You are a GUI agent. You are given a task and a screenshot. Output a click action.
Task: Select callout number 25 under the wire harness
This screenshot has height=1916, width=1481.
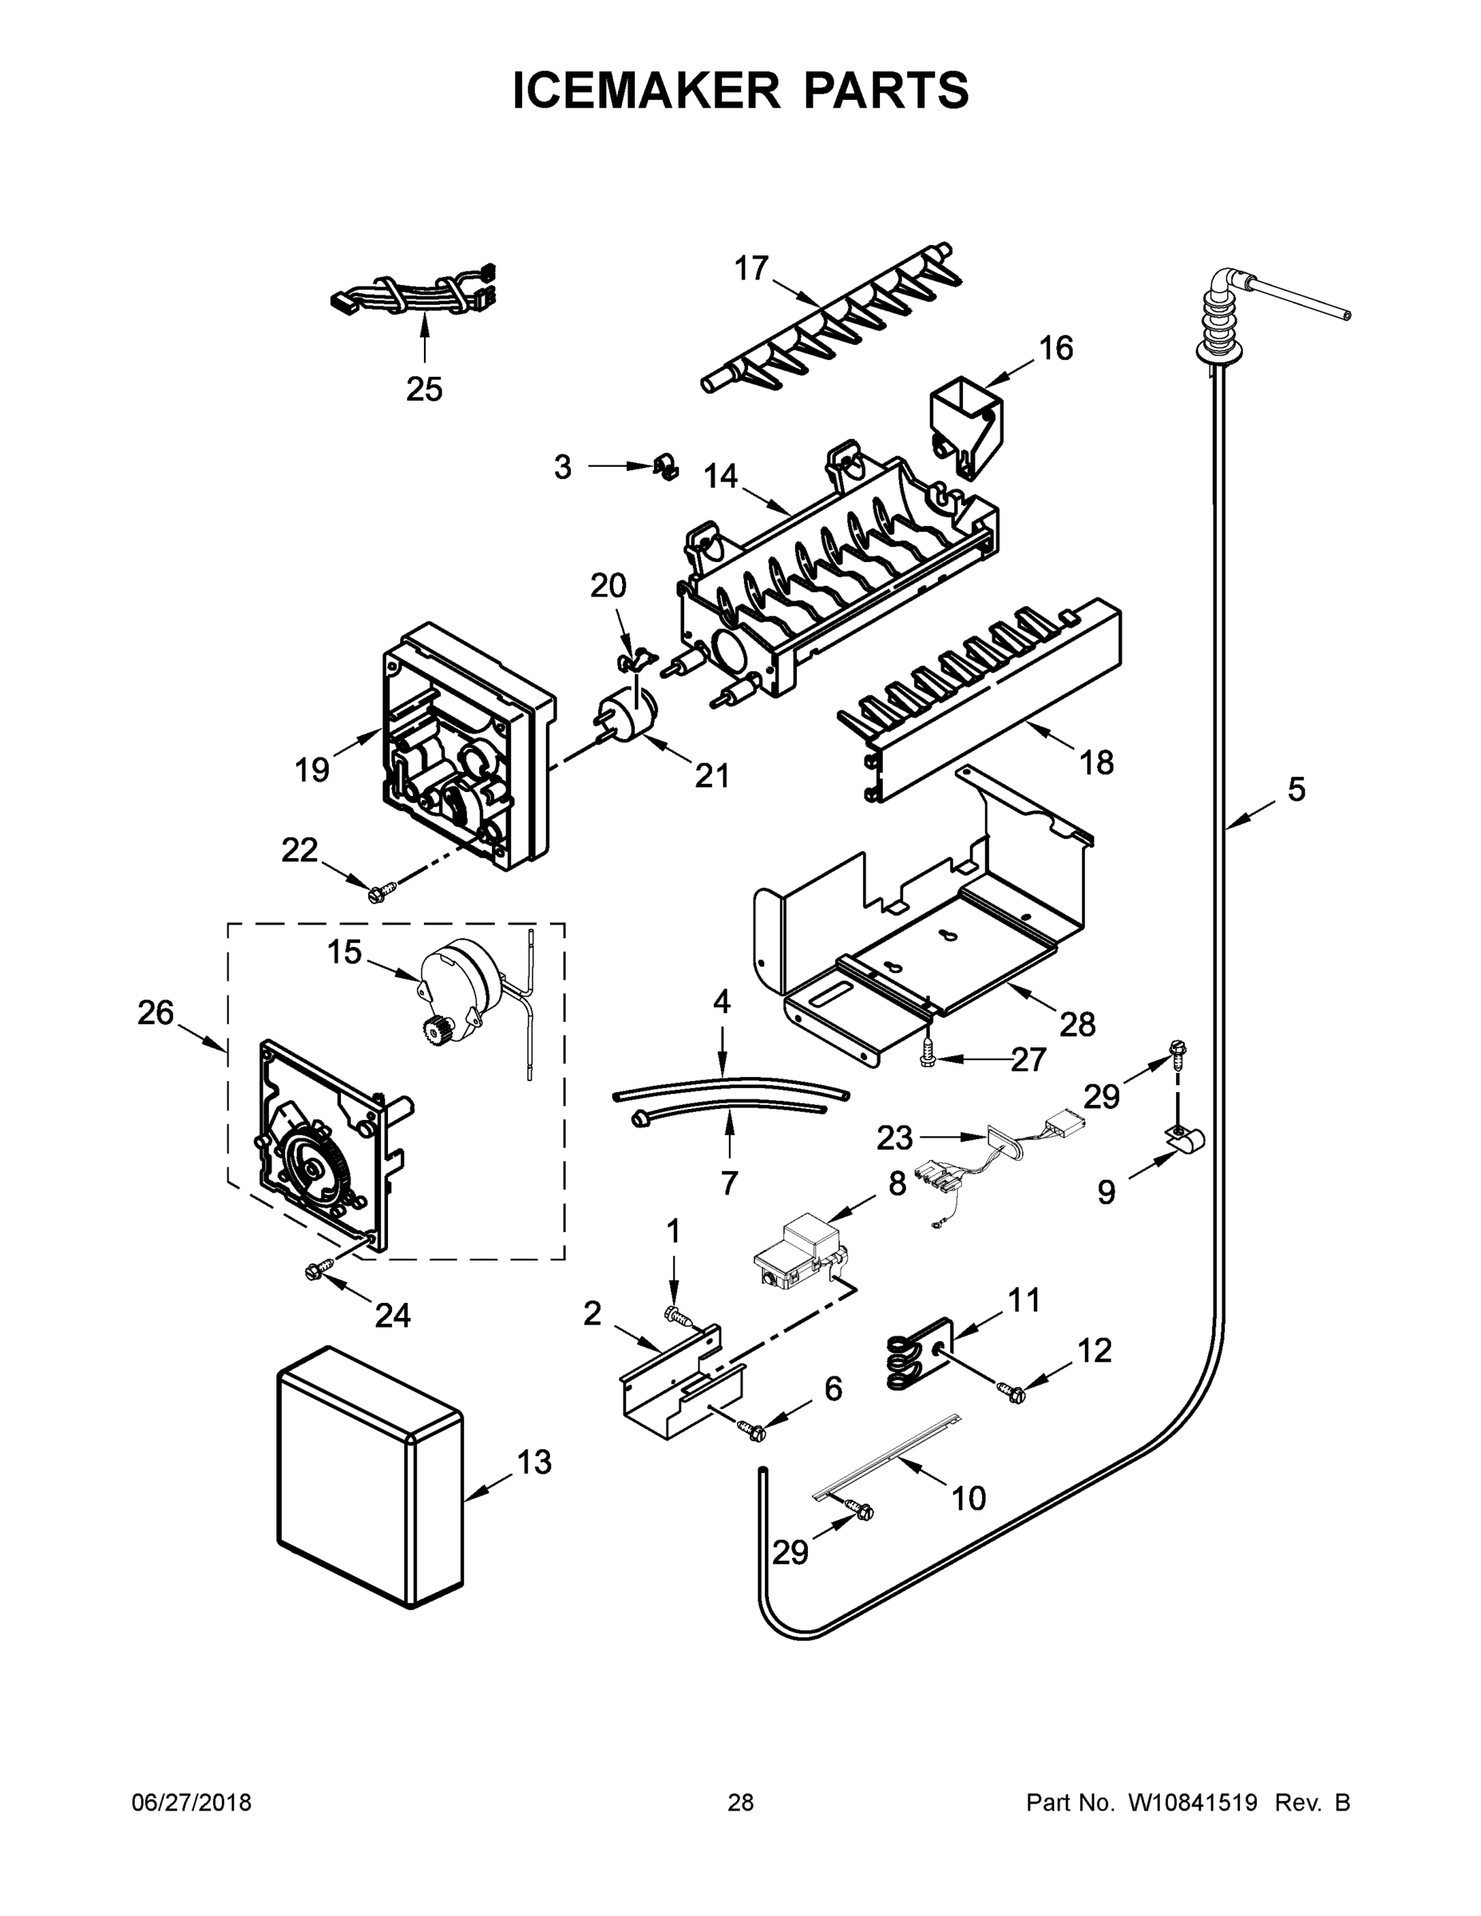coord(424,389)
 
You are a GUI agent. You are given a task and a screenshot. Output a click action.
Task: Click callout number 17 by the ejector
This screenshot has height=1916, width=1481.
coord(751,268)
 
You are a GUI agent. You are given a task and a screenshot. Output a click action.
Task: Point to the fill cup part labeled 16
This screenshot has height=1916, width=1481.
coord(964,426)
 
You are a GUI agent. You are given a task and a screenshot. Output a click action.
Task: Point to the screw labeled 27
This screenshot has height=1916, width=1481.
coord(926,1059)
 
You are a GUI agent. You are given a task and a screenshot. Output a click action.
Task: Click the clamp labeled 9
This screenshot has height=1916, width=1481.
coord(1185,1139)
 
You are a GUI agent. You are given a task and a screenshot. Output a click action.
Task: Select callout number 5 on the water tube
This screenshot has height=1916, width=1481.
coord(1296,790)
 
